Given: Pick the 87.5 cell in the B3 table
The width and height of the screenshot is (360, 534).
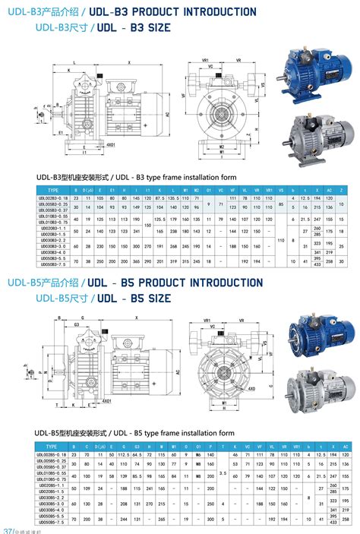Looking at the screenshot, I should click(159, 197).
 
